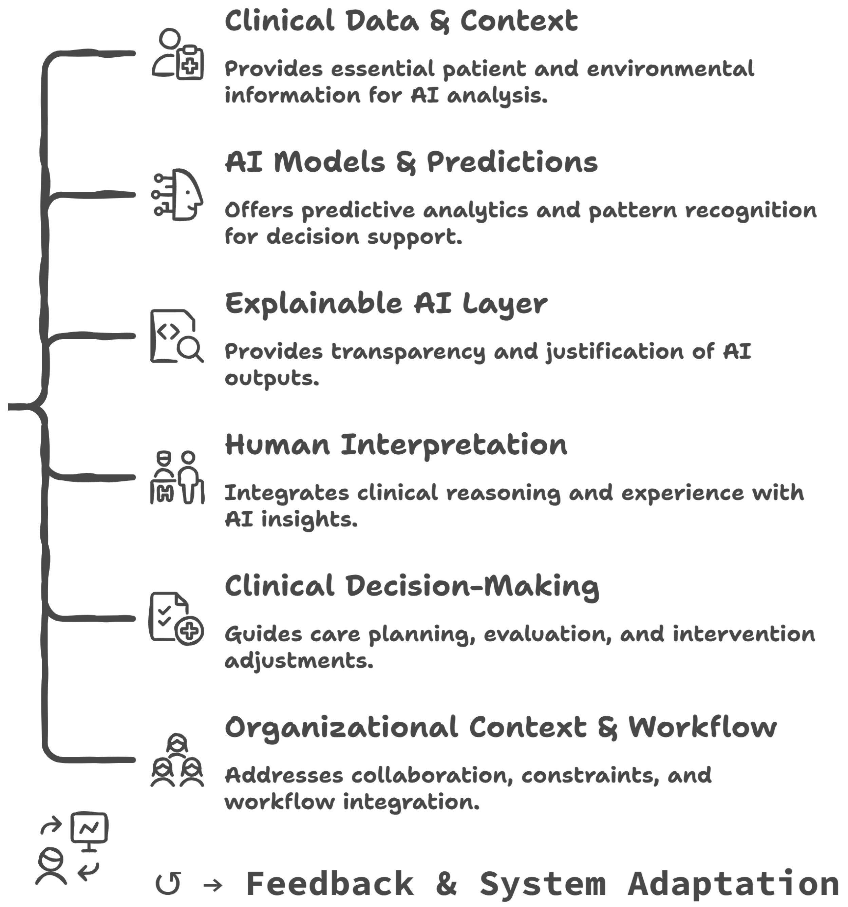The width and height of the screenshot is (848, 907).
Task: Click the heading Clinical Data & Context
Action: coord(401,21)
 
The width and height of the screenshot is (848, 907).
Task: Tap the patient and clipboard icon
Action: coord(177,54)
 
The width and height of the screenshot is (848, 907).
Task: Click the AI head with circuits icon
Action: coord(177,195)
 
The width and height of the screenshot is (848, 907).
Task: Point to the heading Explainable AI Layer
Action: coord(386,304)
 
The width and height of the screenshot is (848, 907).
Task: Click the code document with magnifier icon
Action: coord(177,336)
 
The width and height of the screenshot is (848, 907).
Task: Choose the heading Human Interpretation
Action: coord(396,445)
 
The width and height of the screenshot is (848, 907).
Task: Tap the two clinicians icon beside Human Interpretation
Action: coord(177,477)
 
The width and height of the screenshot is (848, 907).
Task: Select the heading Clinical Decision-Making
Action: coord(412,587)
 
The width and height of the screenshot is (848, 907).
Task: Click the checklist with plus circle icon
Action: coord(176,619)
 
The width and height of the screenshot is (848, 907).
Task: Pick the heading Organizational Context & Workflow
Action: coord(501,728)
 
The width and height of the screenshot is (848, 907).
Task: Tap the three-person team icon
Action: coord(177,760)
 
